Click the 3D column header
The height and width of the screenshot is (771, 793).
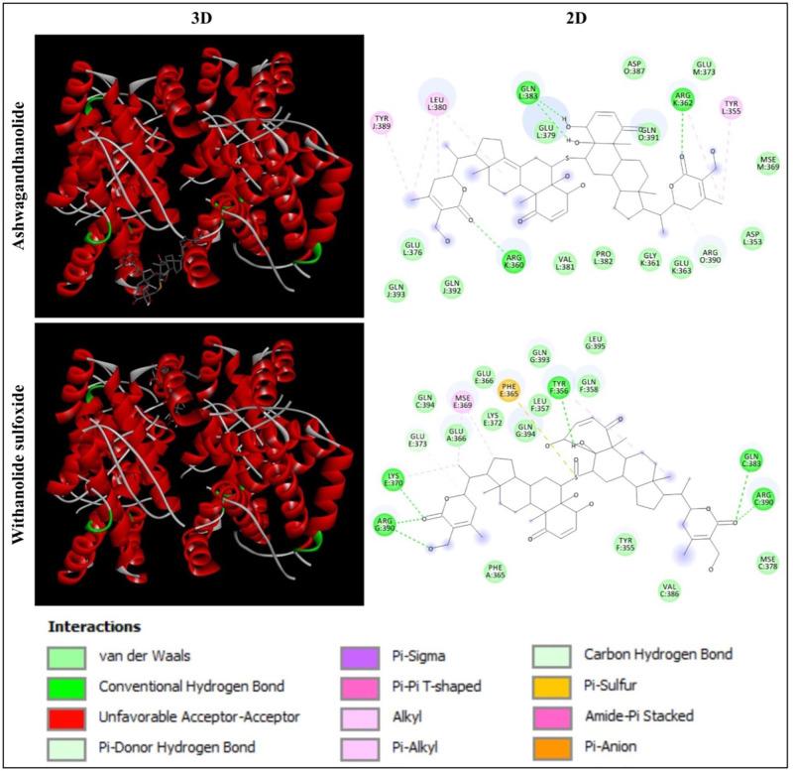point(199,17)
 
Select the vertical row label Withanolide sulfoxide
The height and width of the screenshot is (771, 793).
point(16,463)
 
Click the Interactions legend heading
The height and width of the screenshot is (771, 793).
point(94,627)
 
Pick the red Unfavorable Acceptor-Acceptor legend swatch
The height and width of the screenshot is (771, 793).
point(65,713)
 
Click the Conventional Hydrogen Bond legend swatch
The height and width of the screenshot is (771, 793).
point(65,685)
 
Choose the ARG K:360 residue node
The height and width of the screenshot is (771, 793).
point(513,256)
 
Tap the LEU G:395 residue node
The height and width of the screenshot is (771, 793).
point(595,342)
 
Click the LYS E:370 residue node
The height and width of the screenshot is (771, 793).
point(397,479)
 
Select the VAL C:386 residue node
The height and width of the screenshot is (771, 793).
point(671,590)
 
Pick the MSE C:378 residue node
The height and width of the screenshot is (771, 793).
point(767,563)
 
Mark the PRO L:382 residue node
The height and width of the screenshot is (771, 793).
point(604,258)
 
